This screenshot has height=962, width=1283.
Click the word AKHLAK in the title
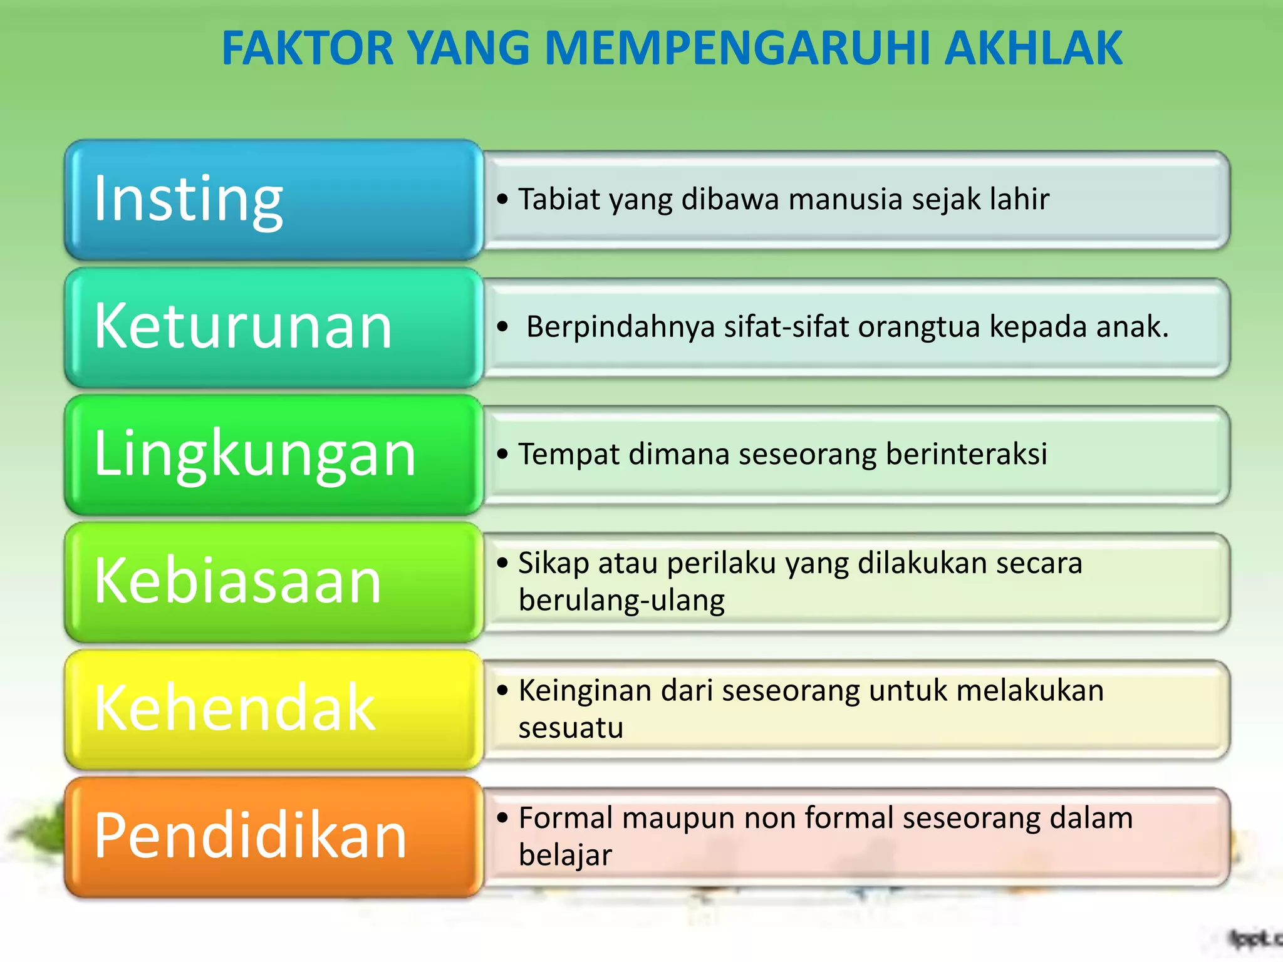1034,48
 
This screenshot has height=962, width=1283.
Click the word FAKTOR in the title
308,48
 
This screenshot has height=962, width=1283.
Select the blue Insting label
188,199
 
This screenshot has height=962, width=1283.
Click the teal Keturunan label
243,326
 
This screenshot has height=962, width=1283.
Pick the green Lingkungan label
254,454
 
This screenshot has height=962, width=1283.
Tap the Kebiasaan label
238,581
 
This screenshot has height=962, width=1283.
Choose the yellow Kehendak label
235,708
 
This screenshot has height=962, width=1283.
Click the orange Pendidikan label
251,836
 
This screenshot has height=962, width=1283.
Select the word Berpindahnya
620,327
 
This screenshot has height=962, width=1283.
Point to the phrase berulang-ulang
621,601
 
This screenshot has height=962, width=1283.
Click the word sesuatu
571,728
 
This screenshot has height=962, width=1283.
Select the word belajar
565,856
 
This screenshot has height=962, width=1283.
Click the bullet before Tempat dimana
502,454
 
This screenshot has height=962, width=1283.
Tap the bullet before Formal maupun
502,817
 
